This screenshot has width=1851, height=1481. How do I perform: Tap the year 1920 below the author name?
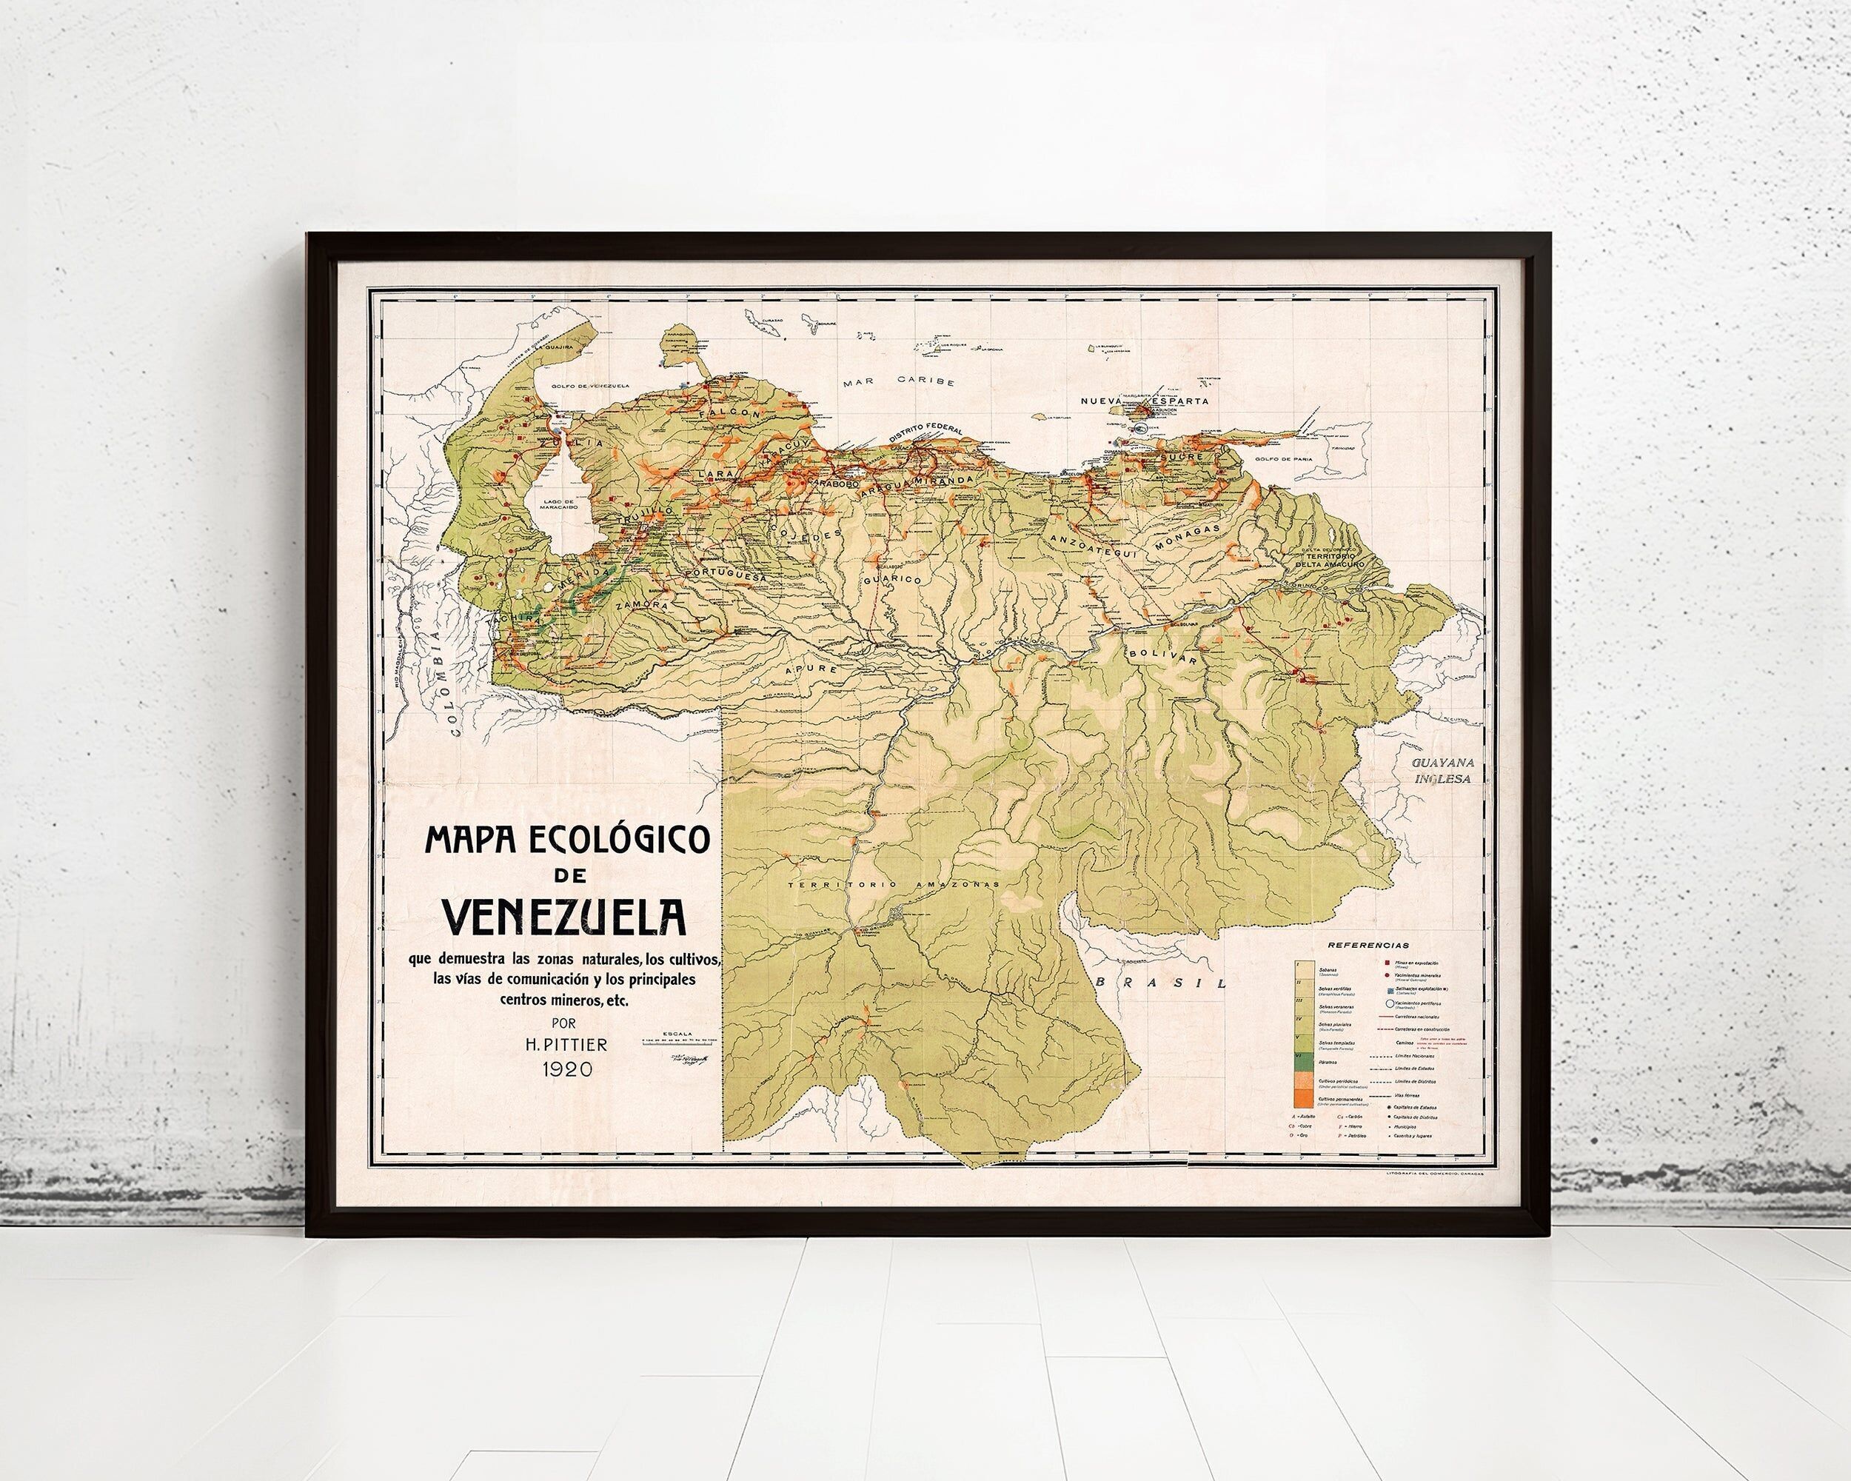(566, 1069)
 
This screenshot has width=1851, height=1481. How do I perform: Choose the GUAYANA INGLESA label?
(1447, 770)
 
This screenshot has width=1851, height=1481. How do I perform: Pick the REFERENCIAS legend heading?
(1368, 944)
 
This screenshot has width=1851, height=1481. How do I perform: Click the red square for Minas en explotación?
(1388, 963)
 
